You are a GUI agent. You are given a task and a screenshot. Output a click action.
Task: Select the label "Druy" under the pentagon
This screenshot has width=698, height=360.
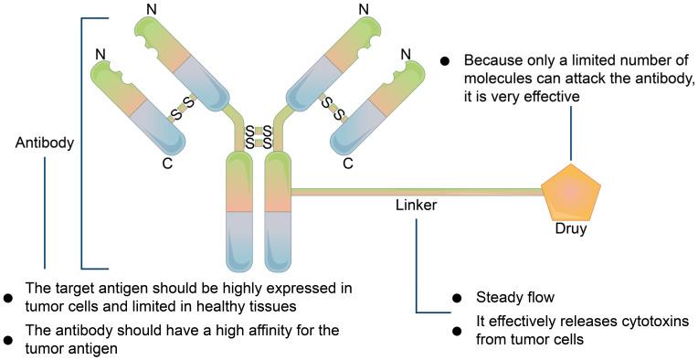pyautogui.click(x=571, y=229)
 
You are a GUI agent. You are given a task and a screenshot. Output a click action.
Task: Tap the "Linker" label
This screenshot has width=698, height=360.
pyautogui.click(x=416, y=206)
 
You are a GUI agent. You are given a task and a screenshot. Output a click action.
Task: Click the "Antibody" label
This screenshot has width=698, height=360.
pyautogui.click(x=45, y=143)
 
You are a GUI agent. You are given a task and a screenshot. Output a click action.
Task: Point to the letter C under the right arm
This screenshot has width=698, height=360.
pyautogui.click(x=348, y=165)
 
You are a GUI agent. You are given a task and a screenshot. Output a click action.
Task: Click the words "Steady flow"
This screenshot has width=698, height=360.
pyautogui.click(x=514, y=298)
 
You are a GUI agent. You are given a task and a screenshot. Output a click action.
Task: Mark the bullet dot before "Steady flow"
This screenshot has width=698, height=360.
pyautogui.click(x=457, y=299)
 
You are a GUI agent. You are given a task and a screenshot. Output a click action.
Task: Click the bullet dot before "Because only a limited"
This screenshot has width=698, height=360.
pyautogui.click(x=445, y=61)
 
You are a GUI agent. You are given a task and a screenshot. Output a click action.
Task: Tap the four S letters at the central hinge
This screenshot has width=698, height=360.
pyautogui.click(x=256, y=137)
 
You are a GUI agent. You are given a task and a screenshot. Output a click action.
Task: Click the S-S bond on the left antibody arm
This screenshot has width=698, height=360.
pyautogui.click(x=184, y=107)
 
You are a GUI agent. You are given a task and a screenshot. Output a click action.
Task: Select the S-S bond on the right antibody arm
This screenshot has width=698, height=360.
pyautogui.click(x=330, y=109)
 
